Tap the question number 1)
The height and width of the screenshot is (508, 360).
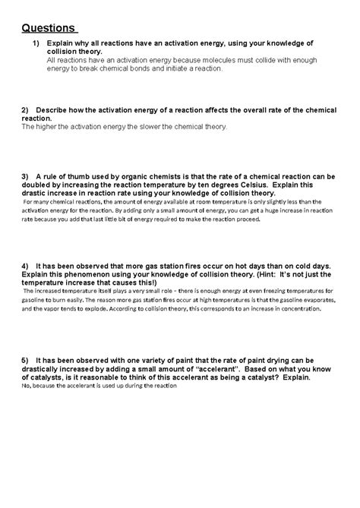[x=36, y=45]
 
